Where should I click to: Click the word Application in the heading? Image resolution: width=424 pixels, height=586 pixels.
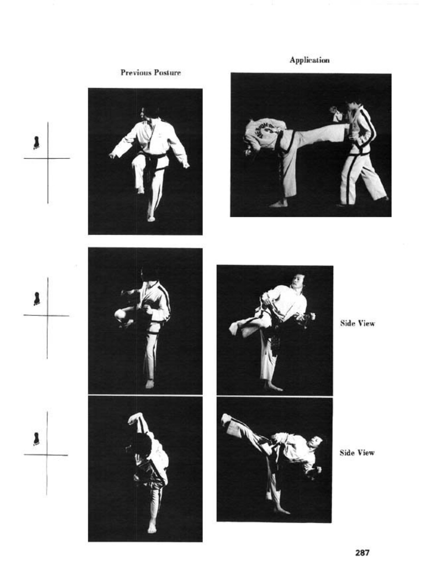pyautogui.click(x=309, y=60)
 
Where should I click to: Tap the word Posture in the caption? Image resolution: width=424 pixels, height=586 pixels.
pyautogui.click(x=167, y=72)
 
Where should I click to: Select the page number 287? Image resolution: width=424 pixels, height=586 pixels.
pyautogui.click(x=362, y=553)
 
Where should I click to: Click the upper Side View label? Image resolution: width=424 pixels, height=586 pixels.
pyautogui.click(x=357, y=323)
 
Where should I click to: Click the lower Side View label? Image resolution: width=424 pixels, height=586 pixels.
pyautogui.click(x=357, y=453)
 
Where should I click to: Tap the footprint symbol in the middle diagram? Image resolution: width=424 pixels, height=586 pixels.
pyautogui.click(x=36, y=299)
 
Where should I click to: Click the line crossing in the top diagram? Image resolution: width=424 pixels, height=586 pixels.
pyautogui.click(x=48, y=158)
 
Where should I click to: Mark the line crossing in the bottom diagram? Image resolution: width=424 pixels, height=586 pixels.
pyautogui.click(x=47, y=455)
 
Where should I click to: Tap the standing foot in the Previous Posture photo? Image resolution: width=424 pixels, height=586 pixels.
pyautogui.click(x=151, y=218)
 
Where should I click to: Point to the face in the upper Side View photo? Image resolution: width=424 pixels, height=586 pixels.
pyautogui.click(x=296, y=281)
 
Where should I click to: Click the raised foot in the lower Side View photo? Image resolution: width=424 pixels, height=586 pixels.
pyautogui.click(x=227, y=419)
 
